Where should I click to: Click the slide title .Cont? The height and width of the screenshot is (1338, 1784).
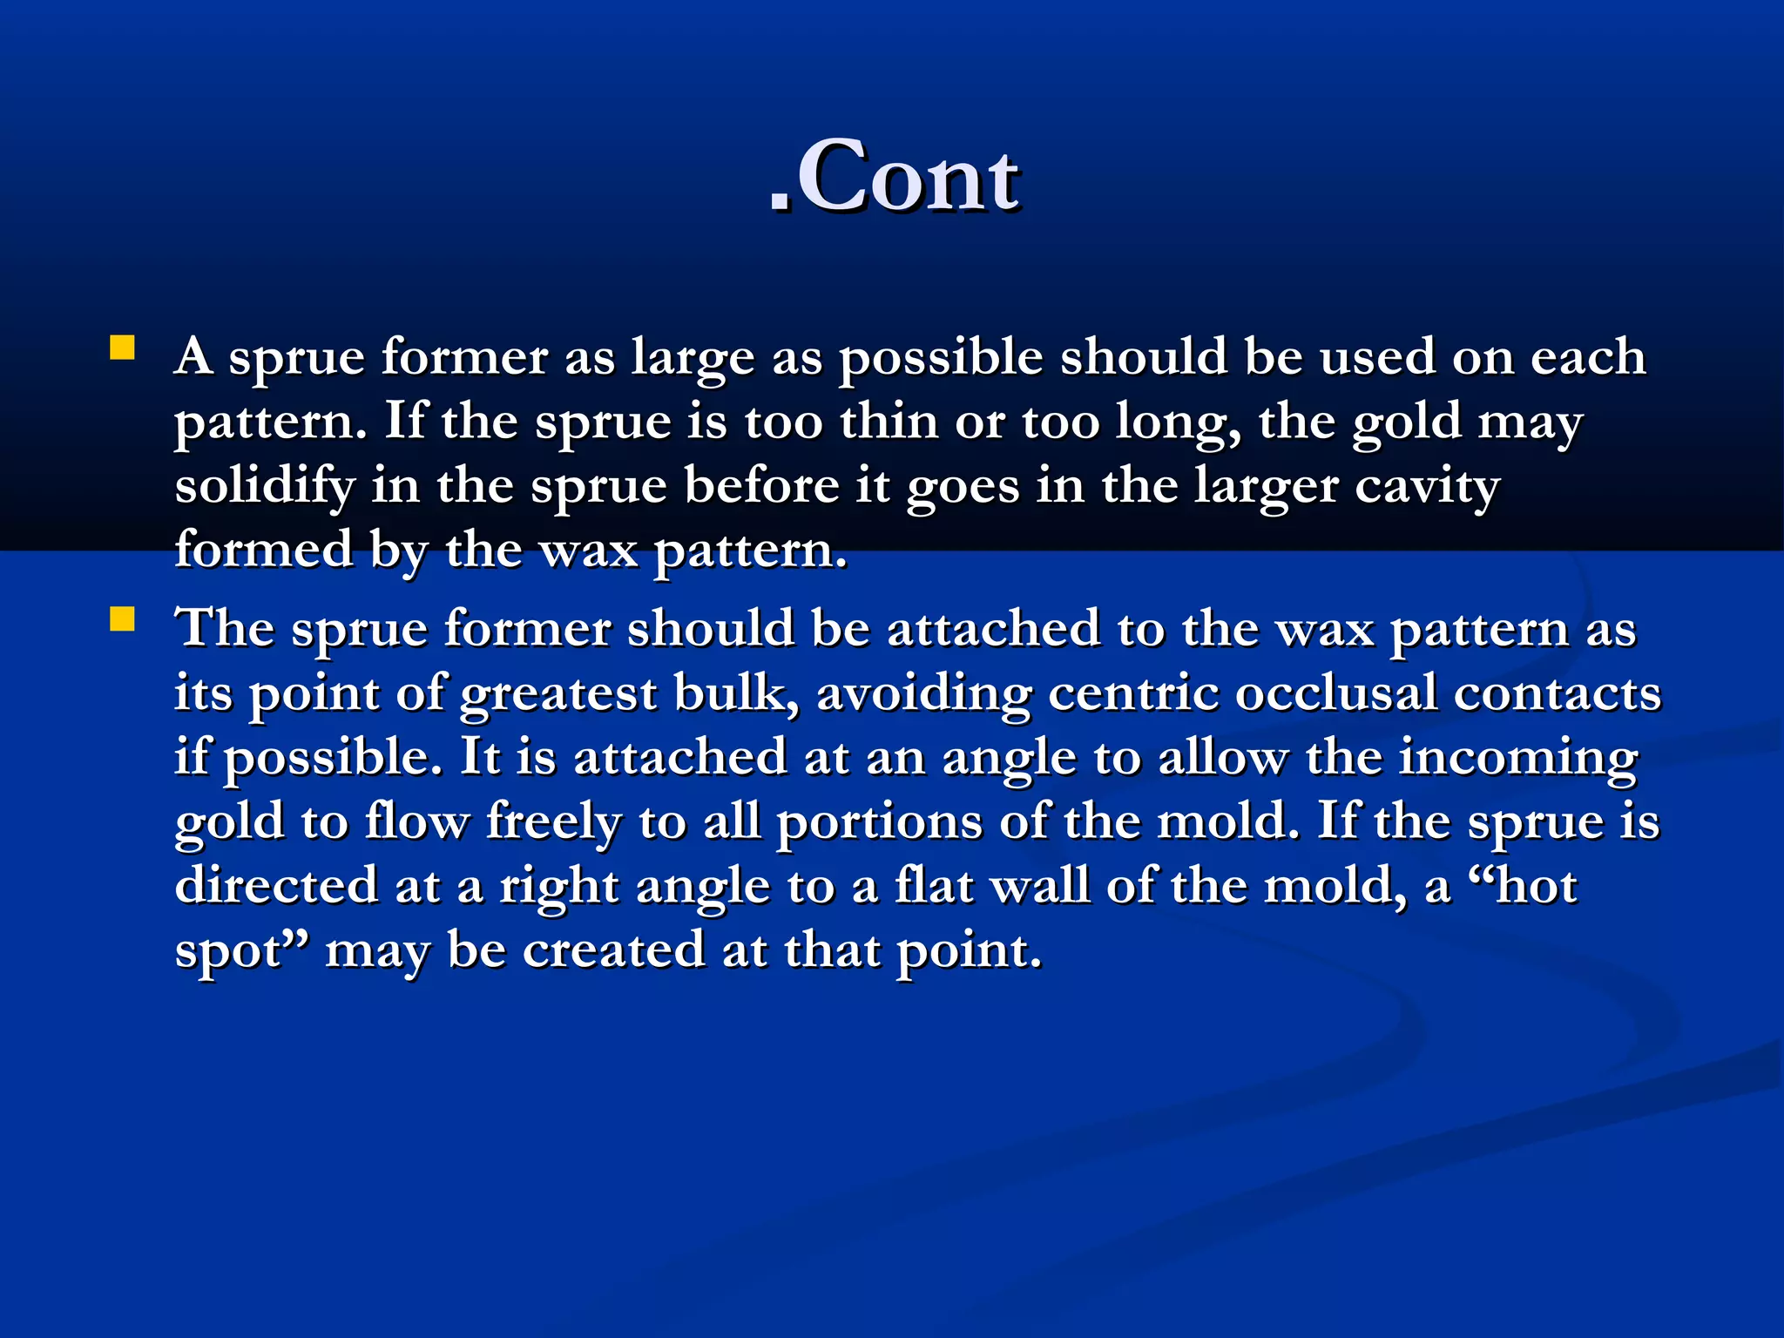[894, 178]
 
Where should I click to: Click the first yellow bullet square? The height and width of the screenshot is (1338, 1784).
[122, 348]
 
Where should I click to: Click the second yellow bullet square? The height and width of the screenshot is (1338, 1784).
[122, 619]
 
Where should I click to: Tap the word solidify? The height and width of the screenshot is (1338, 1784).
[264, 486]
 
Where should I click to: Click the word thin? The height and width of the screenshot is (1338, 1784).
[889, 422]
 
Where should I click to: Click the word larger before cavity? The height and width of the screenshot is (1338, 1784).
[1265, 488]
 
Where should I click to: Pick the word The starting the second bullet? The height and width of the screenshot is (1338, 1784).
[225, 628]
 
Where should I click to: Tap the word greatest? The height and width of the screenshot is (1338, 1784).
[558, 694]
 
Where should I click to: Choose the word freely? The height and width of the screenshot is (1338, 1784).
[553, 822]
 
